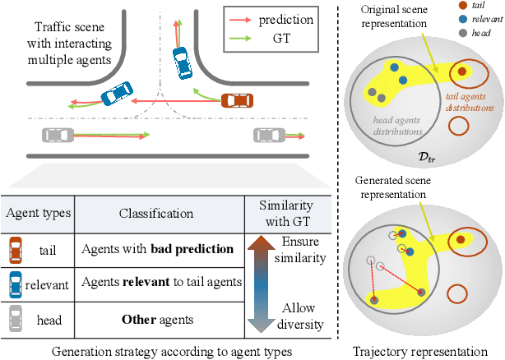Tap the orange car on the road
tap(237, 100)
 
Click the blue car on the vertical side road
tap(178, 60)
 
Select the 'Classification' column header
tap(156, 212)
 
